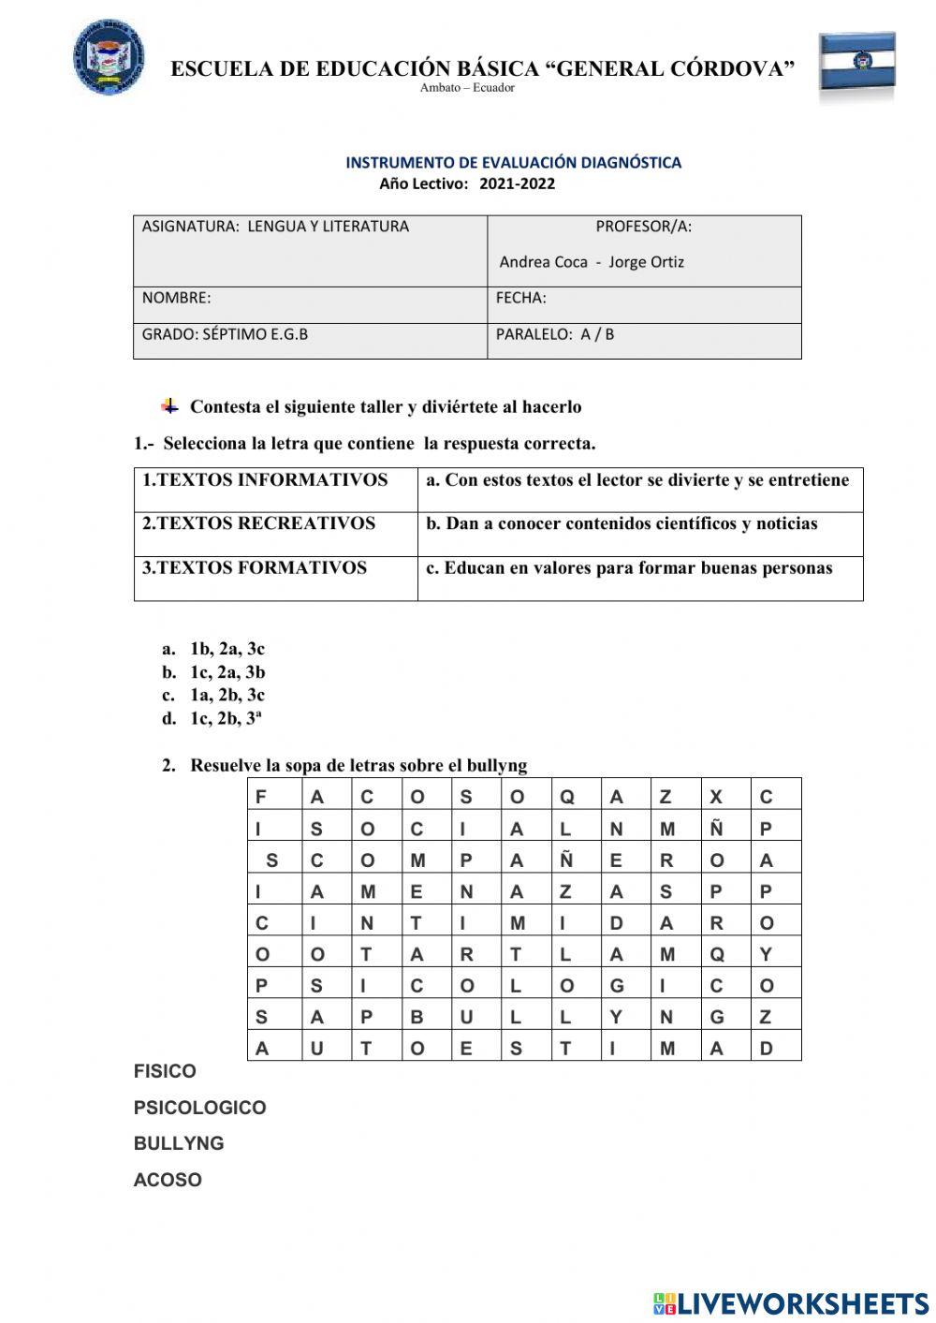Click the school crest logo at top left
[109, 57]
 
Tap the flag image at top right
[857, 65]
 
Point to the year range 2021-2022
[517, 184]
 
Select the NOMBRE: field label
[176, 298]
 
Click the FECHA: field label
[520, 298]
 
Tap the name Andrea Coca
[543, 262]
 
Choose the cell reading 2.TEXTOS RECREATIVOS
[258, 523]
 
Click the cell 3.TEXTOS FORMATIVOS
[255, 567]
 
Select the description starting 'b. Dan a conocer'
[622, 523]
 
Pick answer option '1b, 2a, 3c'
[227, 649]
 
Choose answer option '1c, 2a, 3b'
[227, 672]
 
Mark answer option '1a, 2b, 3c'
[227, 695]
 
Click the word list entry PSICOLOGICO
[199, 1108]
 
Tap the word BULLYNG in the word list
[179, 1143]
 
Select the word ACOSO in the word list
[168, 1180]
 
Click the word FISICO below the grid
[165, 1071]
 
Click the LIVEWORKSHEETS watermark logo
[791, 1302]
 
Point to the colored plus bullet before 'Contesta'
[169, 405]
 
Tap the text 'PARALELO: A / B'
[555, 334]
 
